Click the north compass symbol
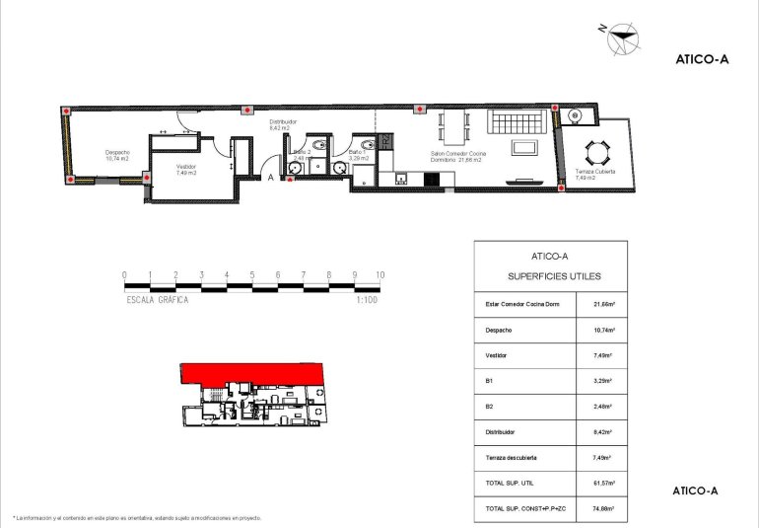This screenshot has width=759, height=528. [x=620, y=40]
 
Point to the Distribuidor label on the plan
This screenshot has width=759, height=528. [x=283, y=125]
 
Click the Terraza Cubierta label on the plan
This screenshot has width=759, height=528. [x=595, y=175]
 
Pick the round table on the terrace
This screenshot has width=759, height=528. [x=596, y=152]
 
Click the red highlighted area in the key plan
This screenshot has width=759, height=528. [x=251, y=374]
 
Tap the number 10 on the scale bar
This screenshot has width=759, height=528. [x=379, y=275]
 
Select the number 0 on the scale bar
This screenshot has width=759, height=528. [x=124, y=275]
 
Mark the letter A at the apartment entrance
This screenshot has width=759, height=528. [x=271, y=178]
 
